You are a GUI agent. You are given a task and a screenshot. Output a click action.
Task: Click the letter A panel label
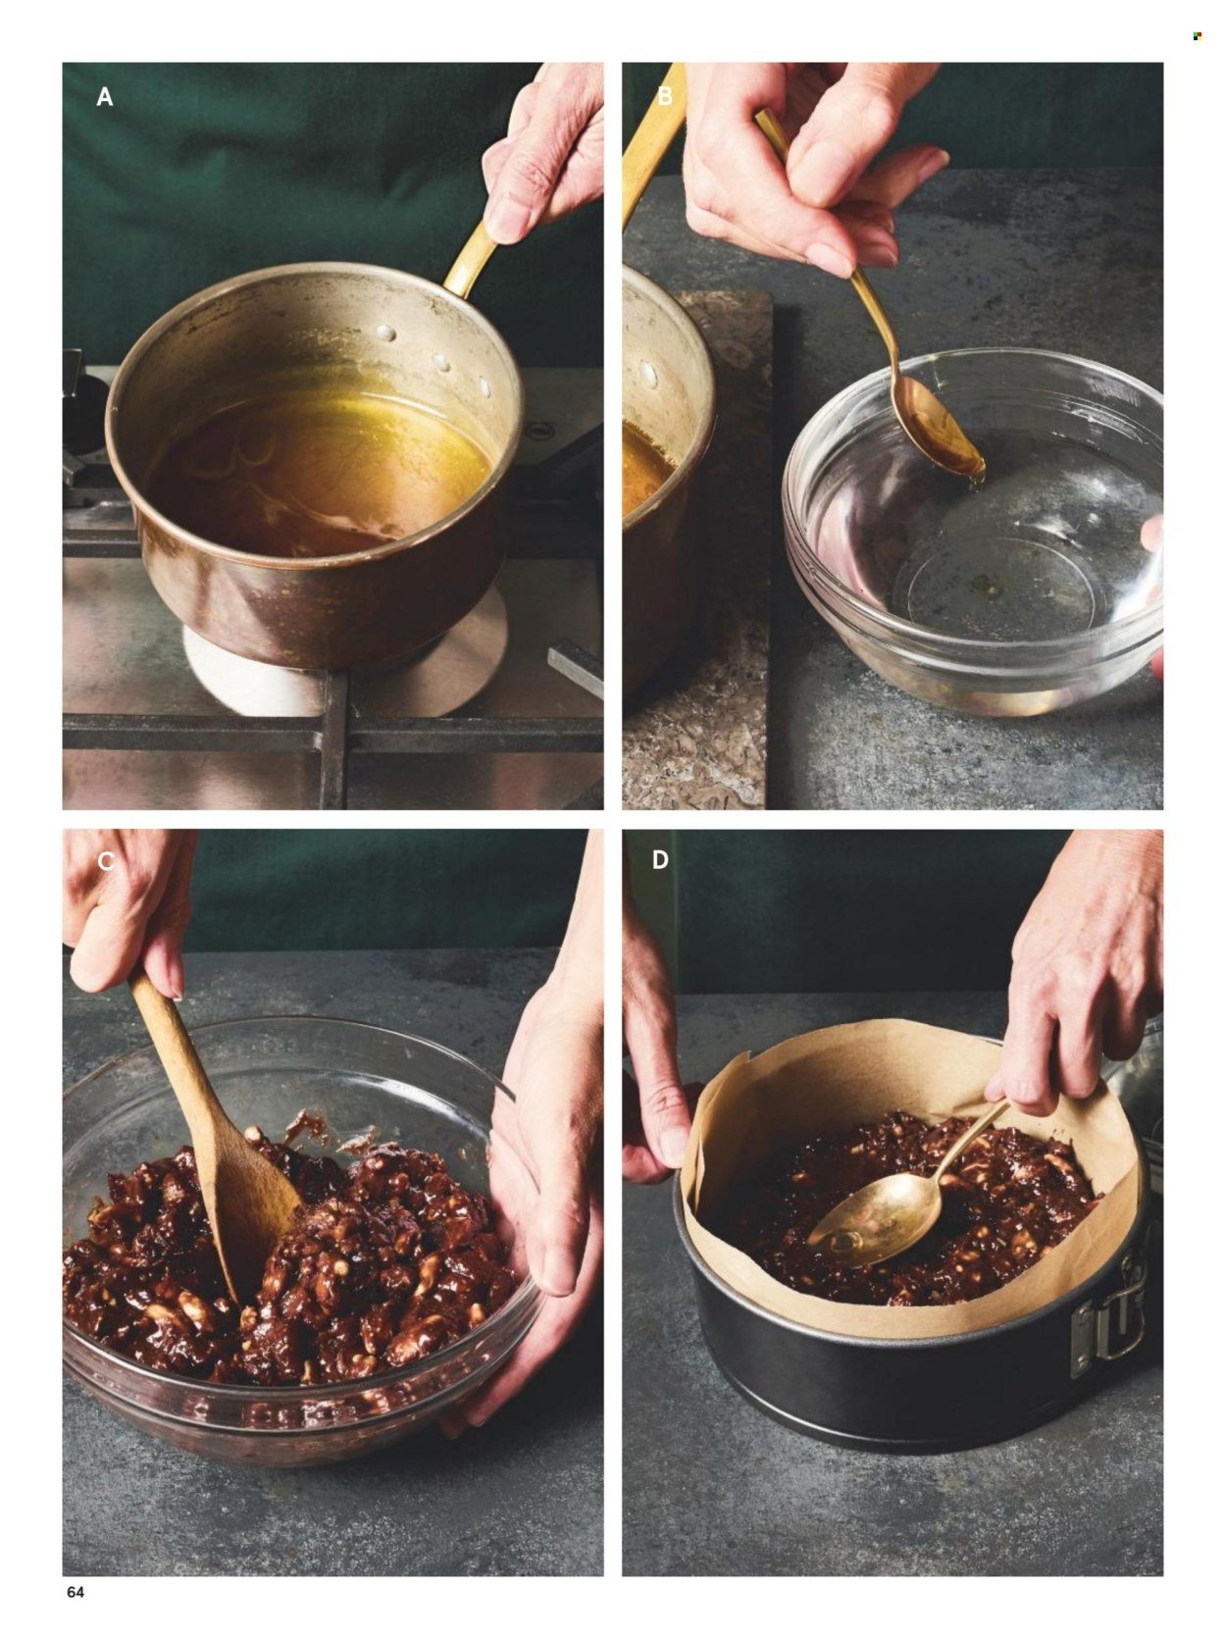[x=105, y=97]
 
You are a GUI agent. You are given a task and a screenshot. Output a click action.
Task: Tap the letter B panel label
[x=665, y=97]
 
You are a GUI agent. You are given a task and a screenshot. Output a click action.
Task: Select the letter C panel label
[x=105, y=861]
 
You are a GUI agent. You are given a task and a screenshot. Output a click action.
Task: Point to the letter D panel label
[x=660, y=861]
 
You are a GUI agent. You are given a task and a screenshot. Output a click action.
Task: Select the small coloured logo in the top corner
[x=1197, y=36]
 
